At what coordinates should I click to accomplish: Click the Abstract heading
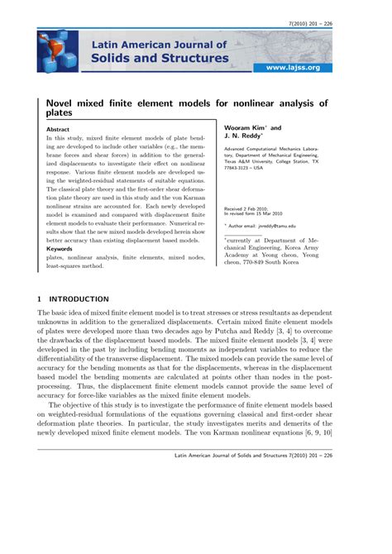click(x=58, y=130)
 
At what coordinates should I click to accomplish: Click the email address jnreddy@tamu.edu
click(x=285, y=223)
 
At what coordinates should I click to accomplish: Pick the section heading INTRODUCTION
click(x=79, y=298)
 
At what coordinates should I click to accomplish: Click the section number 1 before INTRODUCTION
click(x=40, y=298)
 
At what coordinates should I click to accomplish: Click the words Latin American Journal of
click(x=151, y=43)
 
